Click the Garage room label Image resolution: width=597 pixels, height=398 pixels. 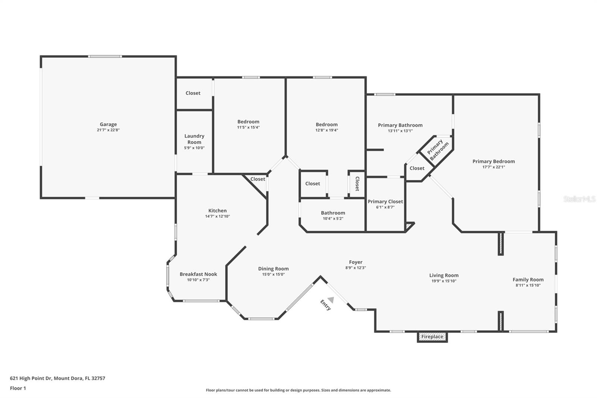(x=108, y=124)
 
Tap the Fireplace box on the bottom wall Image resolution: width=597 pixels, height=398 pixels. (x=432, y=337)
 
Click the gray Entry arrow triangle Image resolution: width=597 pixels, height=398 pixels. (x=331, y=299)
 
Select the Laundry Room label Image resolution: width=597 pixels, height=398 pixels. (x=194, y=139)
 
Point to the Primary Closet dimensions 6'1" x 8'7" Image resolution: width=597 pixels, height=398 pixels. (x=385, y=207)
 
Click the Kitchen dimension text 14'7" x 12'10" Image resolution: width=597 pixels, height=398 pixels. (x=217, y=216)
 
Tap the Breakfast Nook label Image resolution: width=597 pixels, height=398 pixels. (x=198, y=274)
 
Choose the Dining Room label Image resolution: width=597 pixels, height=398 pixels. (x=273, y=268)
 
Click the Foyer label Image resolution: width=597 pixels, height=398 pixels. (x=356, y=262)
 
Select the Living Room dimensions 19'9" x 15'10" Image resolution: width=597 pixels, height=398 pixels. (x=444, y=281)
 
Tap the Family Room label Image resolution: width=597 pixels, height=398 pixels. (x=528, y=279)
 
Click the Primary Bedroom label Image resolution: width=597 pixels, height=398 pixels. (x=493, y=161)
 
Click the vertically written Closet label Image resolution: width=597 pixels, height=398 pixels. (x=357, y=184)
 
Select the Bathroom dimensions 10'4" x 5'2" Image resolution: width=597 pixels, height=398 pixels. (x=333, y=218)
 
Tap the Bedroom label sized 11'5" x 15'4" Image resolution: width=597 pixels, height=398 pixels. (x=248, y=122)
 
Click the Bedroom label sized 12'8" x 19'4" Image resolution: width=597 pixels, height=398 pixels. (x=326, y=124)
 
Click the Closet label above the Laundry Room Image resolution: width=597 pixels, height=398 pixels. (x=193, y=93)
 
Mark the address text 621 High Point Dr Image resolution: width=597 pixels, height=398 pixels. (x=31, y=378)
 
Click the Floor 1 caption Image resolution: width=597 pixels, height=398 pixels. (x=18, y=388)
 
